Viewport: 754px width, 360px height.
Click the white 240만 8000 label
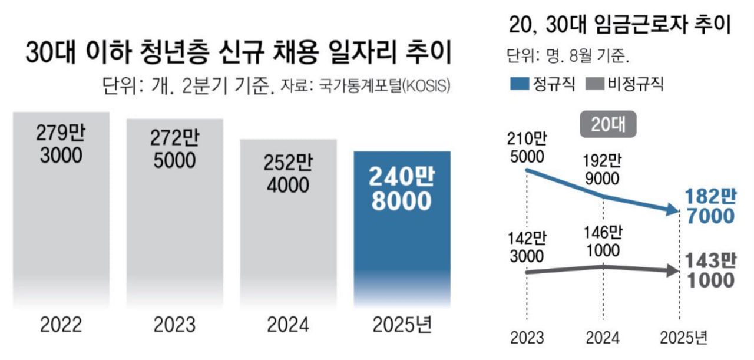401,188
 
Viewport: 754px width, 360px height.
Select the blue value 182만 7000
710,206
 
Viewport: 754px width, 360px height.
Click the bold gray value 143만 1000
710,270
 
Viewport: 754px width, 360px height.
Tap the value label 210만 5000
528,148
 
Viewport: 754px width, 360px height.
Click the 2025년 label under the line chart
683,338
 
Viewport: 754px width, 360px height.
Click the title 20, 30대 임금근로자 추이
618,27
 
